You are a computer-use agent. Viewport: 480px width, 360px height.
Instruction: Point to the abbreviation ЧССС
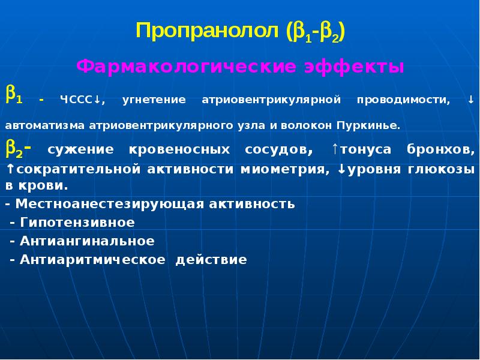pyautogui.click(x=75, y=100)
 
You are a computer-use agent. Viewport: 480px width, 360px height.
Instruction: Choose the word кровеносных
pyautogui.click(x=180, y=148)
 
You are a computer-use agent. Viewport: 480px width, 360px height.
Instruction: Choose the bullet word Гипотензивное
pyautogui.click(x=77, y=222)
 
